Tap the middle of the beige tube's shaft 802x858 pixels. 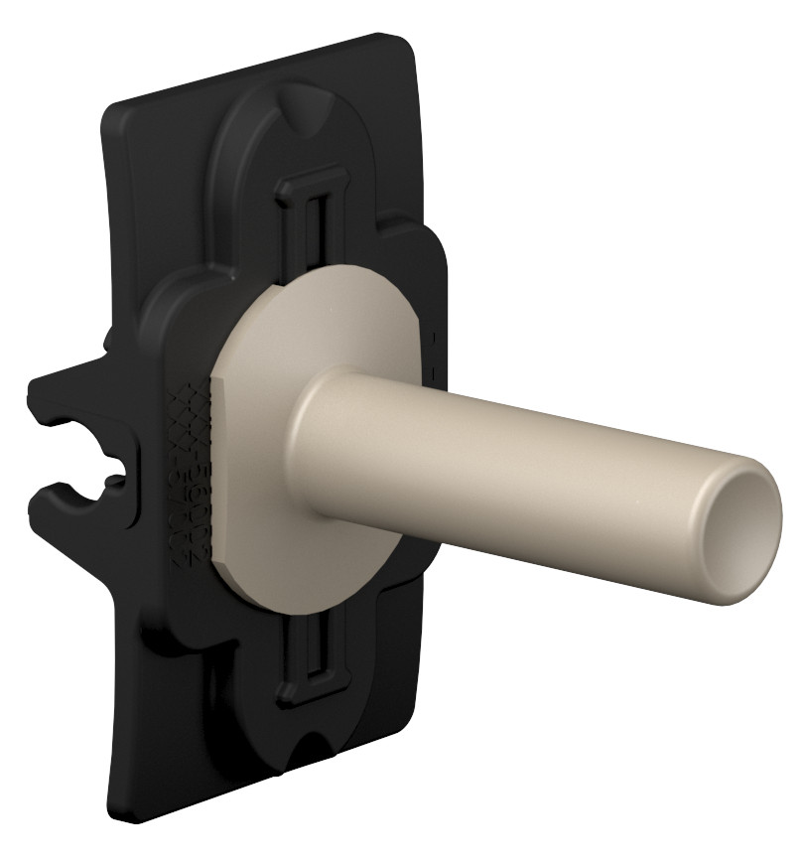[x=516, y=441]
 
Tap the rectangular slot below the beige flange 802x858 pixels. [x=316, y=660]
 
